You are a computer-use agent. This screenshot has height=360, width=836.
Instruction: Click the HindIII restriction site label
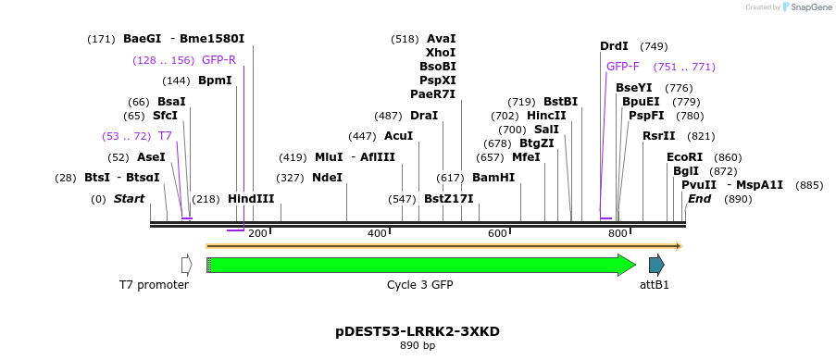tap(251, 199)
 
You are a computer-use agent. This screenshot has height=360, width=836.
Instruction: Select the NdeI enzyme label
tap(327, 177)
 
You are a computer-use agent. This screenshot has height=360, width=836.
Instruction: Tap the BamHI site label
tap(493, 177)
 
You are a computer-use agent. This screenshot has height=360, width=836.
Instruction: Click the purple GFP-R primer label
tap(218, 60)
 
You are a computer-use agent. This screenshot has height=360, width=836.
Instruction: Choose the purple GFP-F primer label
tap(622, 67)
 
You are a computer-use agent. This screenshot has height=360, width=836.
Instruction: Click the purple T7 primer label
tap(165, 136)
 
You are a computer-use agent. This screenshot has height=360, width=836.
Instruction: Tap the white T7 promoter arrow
tap(186, 266)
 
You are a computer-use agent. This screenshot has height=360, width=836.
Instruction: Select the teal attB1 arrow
tap(656, 266)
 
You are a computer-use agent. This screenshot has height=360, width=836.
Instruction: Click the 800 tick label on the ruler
tap(618, 233)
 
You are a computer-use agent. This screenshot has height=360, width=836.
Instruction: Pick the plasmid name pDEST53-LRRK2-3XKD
tap(418, 330)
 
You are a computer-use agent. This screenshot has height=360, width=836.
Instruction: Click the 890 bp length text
tap(418, 345)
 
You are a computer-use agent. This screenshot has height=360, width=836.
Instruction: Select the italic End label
tap(700, 199)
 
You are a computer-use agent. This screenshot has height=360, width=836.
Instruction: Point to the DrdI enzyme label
tap(614, 46)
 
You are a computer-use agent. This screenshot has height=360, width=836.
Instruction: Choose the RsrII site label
tap(659, 136)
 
